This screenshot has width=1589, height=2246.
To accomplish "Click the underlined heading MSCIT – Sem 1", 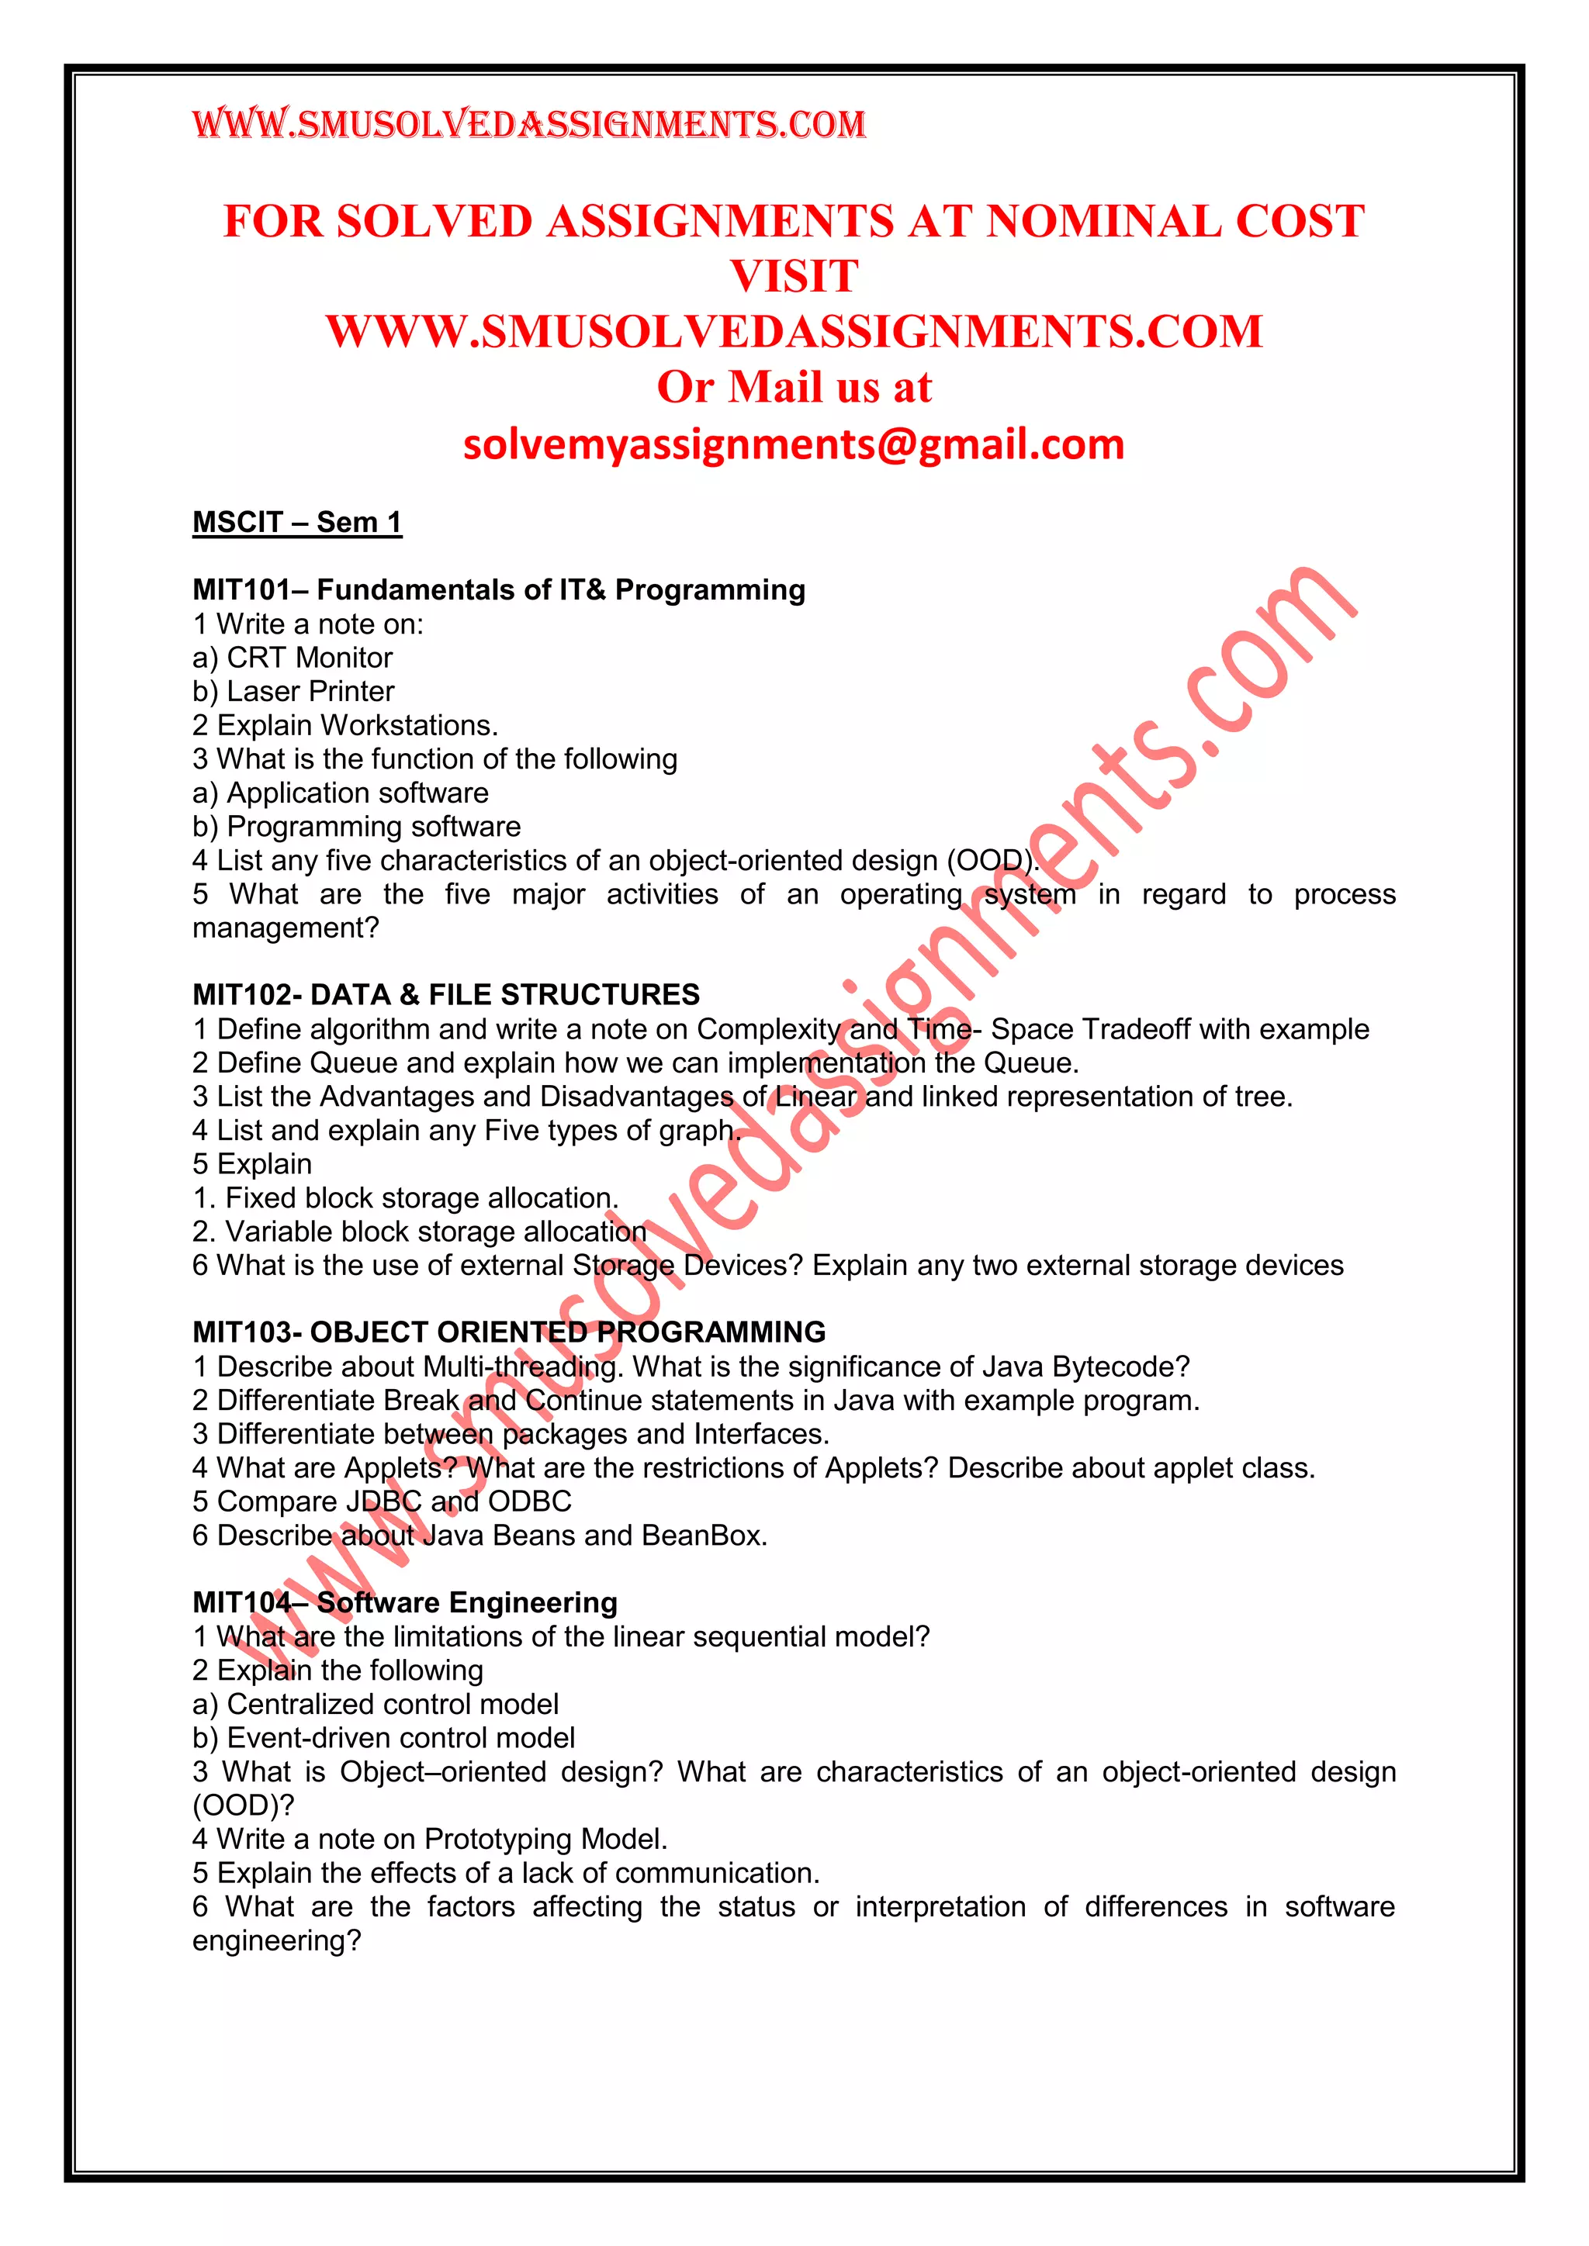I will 296,523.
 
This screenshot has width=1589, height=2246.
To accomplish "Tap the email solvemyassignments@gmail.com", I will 794,445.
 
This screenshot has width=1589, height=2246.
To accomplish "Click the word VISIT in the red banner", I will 794,277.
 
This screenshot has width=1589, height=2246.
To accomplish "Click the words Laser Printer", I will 310,692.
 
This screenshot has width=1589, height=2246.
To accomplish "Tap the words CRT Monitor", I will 310,658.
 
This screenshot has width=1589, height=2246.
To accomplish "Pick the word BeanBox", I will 704,1536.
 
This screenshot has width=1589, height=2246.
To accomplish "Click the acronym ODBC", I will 529,1501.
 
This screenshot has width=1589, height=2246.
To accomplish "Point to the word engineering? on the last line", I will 277,1940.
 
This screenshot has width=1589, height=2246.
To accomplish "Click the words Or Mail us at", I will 794,387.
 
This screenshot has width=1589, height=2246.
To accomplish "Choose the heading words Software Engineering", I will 467,1602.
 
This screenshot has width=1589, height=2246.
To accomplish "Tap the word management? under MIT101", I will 285,928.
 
